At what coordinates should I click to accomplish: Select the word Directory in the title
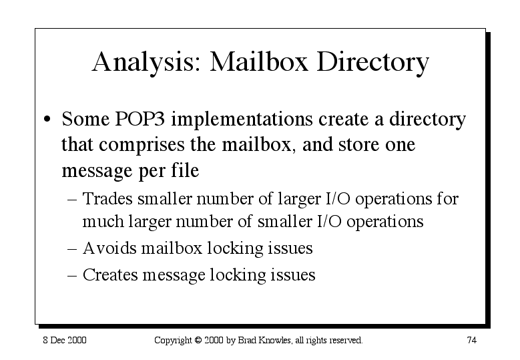coord(372,62)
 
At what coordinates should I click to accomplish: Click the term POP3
coord(140,118)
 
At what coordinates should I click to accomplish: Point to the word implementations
coord(242,120)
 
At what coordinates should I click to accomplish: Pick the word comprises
coord(142,146)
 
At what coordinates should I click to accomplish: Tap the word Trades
coord(107,199)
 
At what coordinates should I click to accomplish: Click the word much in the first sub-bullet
coord(103,221)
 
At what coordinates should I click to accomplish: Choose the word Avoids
coord(109,248)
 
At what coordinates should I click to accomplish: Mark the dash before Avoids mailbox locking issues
coord(72,249)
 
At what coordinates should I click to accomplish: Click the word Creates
coord(110,275)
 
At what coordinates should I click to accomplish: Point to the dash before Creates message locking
coord(72,276)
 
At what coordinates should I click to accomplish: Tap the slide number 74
coord(471,340)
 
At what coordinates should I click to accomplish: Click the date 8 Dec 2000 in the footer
coord(65,340)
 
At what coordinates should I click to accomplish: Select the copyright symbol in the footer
coord(198,340)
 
